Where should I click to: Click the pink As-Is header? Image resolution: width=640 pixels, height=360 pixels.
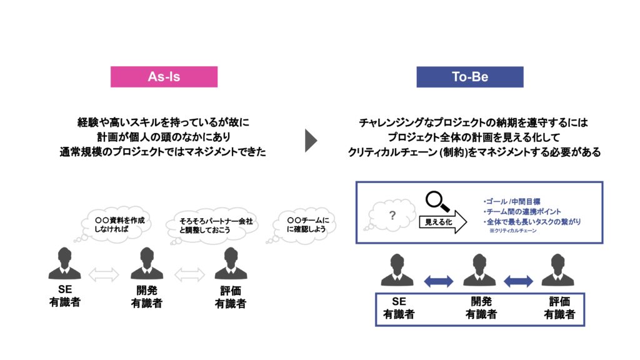click(x=164, y=77)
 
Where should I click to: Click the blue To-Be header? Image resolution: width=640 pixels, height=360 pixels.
click(x=470, y=77)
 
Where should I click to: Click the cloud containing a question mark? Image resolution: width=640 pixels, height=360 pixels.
click(x=392, y=216)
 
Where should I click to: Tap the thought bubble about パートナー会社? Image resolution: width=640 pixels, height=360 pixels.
click(x=211, y=224)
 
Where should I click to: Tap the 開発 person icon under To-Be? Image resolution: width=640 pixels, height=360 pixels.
click(x=479, y=270)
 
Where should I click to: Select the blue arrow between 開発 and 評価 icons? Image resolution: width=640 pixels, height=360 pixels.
click(x=518, y=281)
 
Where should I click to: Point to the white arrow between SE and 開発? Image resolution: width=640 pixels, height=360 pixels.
click(x=105, y=274)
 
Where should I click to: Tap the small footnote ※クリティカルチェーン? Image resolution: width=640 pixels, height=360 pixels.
click(x=512, y=231)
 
